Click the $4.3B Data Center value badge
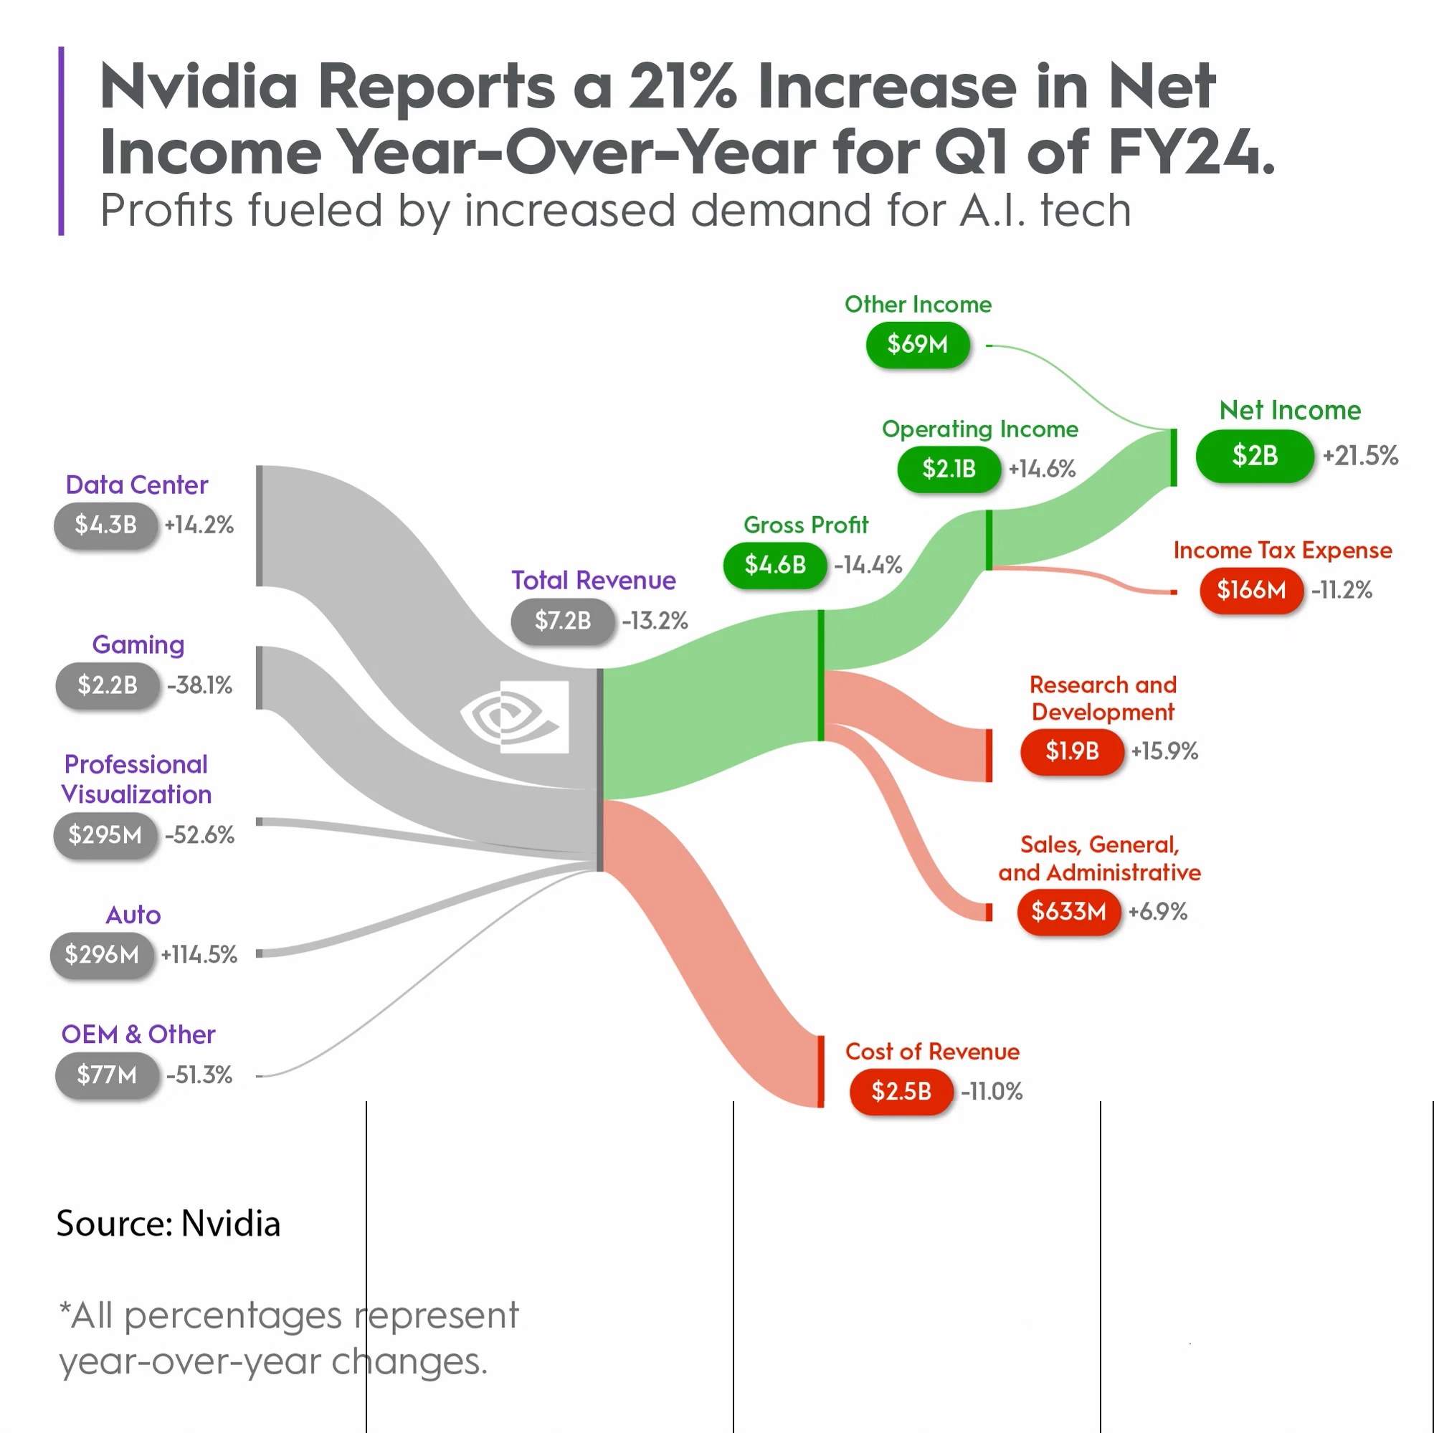106,525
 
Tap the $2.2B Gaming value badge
108,685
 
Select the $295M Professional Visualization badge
105,836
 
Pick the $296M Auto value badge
102,954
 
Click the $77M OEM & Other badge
107,1075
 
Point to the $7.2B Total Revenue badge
563,620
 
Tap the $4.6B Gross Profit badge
775,566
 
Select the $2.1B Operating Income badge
949,469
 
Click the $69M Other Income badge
918,344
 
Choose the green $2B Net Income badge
1254,456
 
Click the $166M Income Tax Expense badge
1251,591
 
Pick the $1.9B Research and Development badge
1072,752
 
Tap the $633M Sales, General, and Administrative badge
1068,911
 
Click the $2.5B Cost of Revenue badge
901,1092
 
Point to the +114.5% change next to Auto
199,955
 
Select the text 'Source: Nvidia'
168,1224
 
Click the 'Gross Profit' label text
805,525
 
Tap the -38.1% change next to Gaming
199,686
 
